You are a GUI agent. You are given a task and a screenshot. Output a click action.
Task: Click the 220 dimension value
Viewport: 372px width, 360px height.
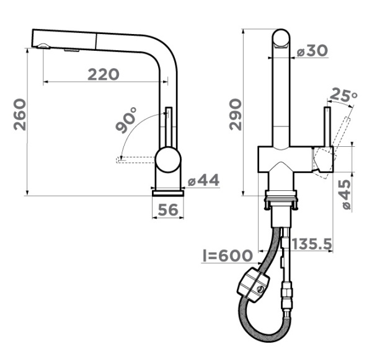pos(104,74)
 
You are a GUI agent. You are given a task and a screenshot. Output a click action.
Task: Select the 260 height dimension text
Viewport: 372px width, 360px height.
pos(20,115)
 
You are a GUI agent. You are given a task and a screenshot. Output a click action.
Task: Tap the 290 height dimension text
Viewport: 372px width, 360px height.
pos(236,115)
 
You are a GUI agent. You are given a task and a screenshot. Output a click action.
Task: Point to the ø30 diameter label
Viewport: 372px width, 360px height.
pos(312,51)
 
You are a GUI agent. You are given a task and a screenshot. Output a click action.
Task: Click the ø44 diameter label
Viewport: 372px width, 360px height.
pos(204,180)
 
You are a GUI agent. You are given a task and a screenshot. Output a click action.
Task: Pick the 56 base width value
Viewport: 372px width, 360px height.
pos(168,209)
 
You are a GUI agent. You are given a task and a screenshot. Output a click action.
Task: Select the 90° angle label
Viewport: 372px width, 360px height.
pos(126,120)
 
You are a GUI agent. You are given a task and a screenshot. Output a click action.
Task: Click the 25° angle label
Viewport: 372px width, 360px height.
pos(343,94)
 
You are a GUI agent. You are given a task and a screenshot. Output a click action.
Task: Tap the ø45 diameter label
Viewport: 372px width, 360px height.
pos(346,194)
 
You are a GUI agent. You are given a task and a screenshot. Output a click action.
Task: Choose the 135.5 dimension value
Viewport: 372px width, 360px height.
pos(311,244)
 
